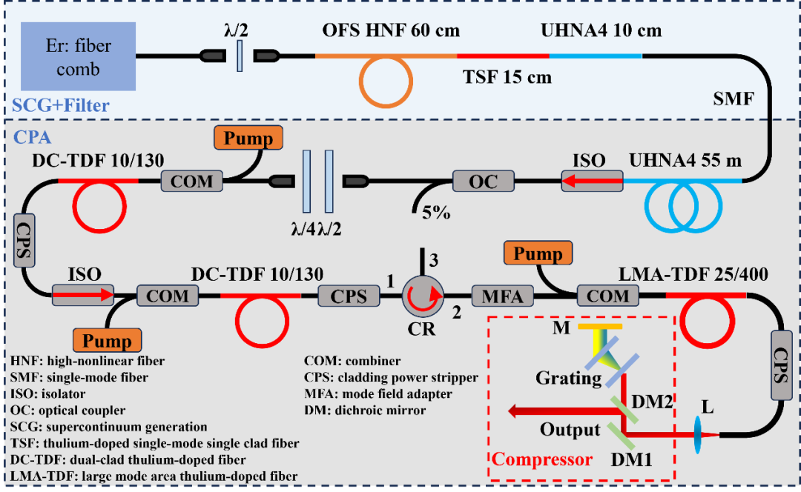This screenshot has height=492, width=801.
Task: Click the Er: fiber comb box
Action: [x=79, y=56]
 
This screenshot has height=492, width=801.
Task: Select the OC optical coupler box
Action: [x=484, y=180]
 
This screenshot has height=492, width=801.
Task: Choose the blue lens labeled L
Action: [x=699, y=434]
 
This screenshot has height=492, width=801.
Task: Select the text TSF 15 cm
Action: [x=507, y=77]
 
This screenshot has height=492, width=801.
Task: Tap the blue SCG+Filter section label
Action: [x=60, y=105]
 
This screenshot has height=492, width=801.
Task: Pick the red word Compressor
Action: [x=543, y=459]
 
